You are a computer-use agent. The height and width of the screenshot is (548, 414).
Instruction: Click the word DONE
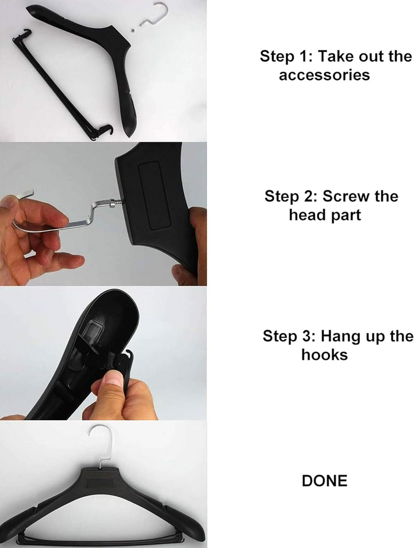coord(324,481)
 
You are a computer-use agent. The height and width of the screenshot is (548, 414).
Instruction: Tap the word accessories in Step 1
coord(324,75)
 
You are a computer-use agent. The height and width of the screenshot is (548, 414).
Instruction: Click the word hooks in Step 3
coord(325,355)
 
